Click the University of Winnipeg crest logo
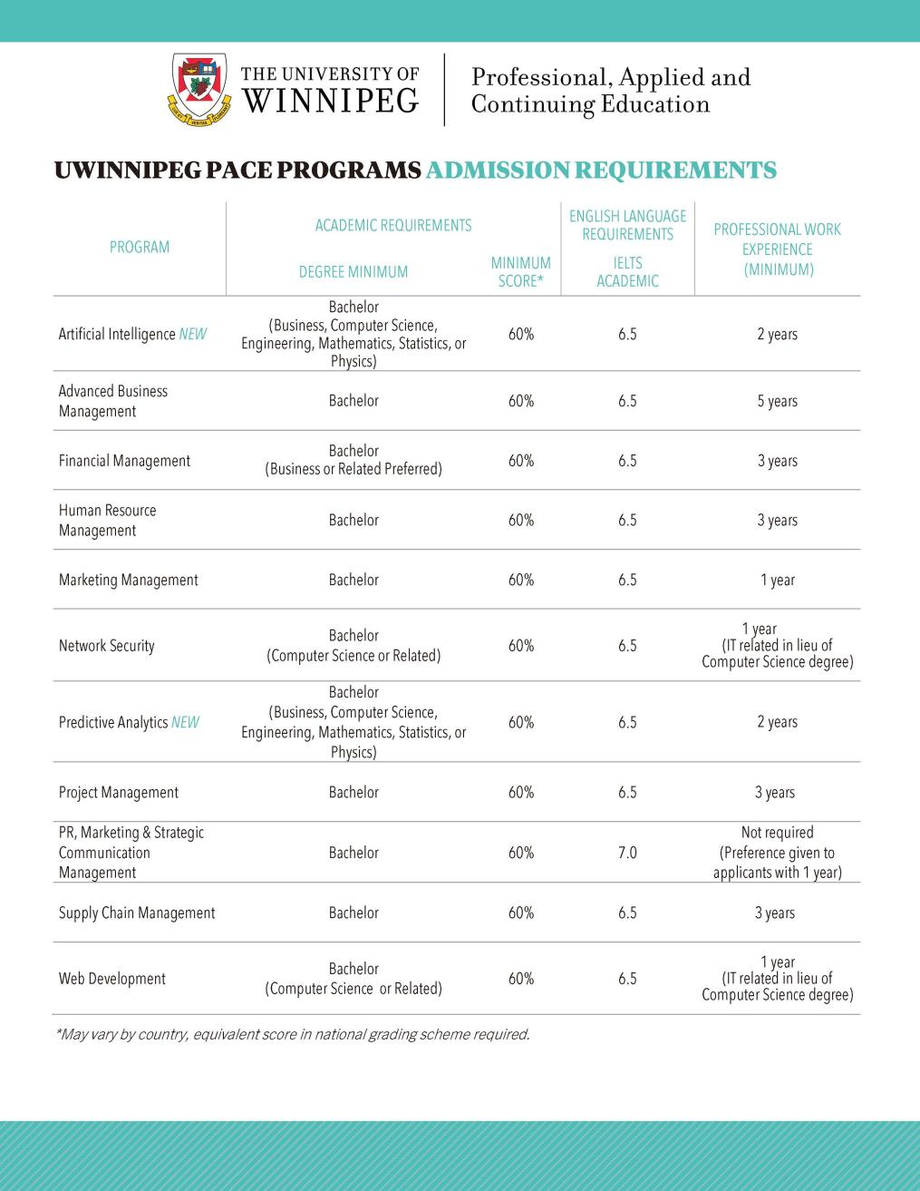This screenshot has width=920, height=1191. (x=199, y=89)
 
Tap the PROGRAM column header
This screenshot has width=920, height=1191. (x=140, y=247)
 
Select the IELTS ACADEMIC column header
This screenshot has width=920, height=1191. (x=627, y=271)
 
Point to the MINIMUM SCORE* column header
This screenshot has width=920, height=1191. (x=520, y=271)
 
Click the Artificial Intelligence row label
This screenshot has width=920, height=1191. (x=117, y=334)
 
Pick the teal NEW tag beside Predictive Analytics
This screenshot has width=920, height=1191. (x=185, y=722)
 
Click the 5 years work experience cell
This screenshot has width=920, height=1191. (x=777, y=401)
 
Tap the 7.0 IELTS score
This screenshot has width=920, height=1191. (x=627, y=853)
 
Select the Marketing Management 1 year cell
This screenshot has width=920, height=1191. (x=777, y=580)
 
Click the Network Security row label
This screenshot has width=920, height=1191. (x=107, y=646)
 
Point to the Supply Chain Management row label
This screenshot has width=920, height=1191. (x=137, y=913)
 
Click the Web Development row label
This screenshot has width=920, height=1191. (x=112, y=979)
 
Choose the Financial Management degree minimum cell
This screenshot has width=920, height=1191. (x=353, y=460)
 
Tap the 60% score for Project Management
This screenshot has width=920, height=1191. (x=520, y=792)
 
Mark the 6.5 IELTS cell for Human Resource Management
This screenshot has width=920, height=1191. (x=627, y=520)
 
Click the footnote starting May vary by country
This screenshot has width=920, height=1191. (x=293, y=1034)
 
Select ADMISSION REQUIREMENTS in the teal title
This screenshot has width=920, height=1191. (x=601, y=171)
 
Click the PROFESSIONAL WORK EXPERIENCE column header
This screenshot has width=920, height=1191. (x=777, y=249)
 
